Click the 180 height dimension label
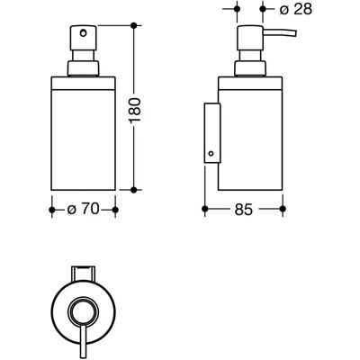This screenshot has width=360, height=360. point(135,110)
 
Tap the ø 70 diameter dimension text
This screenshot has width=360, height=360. point(83,209)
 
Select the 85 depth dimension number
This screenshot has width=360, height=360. point(244,210)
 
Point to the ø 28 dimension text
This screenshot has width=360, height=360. point(296,9)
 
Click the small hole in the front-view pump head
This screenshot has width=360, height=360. point(83,32)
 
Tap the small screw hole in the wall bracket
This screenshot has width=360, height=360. point(211,154)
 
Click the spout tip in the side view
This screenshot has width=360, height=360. point(295,33)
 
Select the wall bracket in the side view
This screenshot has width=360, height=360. point(212,133)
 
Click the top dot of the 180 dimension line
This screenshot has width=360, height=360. point(134,26)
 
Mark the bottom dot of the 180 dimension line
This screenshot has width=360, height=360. point(134,190)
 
